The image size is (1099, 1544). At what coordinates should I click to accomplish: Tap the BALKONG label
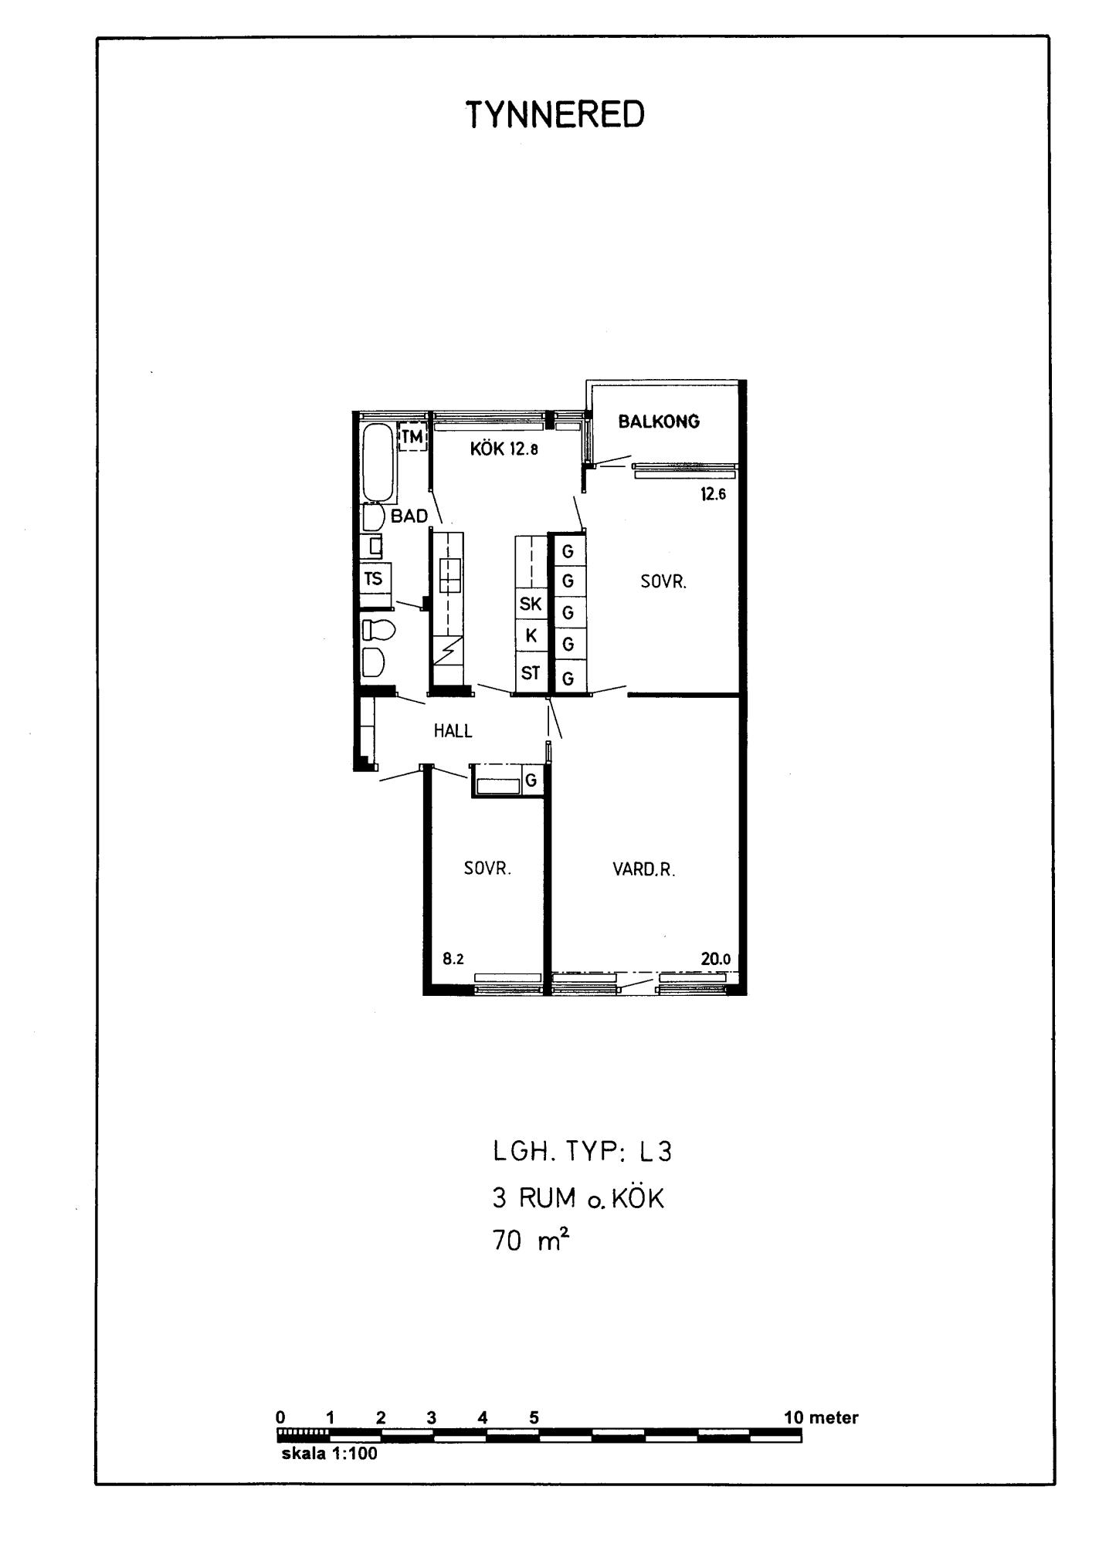coord(659,422)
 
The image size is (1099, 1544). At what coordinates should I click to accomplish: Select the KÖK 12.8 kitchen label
coord(504,449)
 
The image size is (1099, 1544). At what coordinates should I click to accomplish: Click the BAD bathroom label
coord(409,516)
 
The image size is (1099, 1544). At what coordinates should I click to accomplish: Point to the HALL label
coord(453,730)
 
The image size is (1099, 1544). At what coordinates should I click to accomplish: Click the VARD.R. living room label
coord(644,870)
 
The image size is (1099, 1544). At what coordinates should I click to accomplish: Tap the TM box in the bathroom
coord(412,438)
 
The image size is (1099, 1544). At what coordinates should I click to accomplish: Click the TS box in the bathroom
coord(376,579)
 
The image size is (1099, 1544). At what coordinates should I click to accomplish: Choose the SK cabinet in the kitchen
coord(531,604)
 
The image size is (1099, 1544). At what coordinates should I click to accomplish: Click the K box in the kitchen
coord(531,636)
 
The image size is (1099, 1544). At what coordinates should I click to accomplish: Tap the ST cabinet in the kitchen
coord(531,673)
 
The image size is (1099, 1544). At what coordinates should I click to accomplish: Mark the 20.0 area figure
coord(716,960)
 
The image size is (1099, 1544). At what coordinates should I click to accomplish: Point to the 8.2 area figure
coord(453,960)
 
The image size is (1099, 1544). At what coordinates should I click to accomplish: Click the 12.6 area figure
coord(714,495)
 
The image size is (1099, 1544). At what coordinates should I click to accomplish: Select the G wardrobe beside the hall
coord(531,780)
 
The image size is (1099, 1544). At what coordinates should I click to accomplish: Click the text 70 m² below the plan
coord(531,1241)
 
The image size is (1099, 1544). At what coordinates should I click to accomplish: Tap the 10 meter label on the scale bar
coord(821,1418)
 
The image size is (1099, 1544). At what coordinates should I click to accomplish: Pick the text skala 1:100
coord(330,1454)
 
